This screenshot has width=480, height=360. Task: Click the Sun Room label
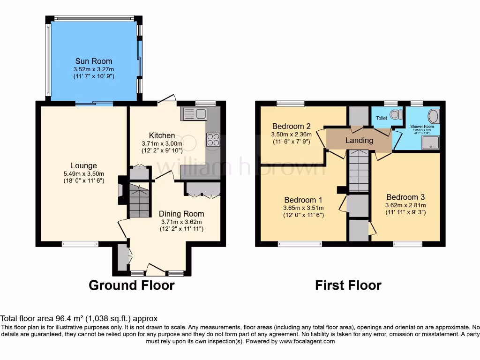click(94, 61)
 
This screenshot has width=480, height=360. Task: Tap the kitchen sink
click(194, 113)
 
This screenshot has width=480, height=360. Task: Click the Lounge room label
click(84, 165)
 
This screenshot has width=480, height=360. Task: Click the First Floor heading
click(348, 285)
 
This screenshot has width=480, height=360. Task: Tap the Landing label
click(359, 140)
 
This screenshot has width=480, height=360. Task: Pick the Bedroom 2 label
click(292, 126)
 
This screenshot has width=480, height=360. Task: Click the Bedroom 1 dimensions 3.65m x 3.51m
click(303, 208)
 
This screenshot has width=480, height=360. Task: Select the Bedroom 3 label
click(405, 197)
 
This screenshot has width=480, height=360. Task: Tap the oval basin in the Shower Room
click(434, 116)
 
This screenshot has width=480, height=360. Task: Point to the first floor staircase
click(359, 171)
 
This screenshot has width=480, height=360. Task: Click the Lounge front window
click(80, 243)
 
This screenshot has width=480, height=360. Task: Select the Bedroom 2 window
click(290, 104)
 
